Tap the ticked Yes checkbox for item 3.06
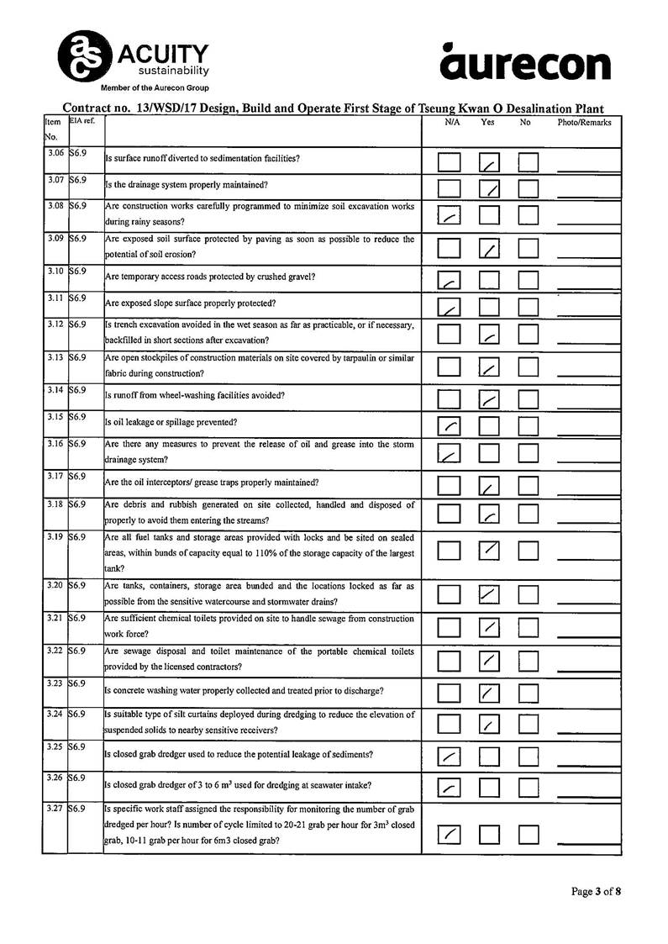(x=490, y=162)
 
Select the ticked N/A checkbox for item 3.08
(x=450, y=216)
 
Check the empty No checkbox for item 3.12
(x=529, y=335)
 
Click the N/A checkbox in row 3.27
(x=450, y=834)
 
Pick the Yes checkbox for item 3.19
(x=490, y=551)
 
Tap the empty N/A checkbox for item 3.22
(x=450, y=662)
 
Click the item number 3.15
(x=55, y=417)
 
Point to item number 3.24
(x=55, y=715)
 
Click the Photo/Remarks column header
(x=585, y=123)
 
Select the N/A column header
(x=452, y=123)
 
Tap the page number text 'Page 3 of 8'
(x=597, y=892)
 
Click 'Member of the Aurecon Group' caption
(x=155, y=87)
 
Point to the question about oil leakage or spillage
(x=171, y=422)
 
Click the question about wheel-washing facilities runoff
(x=194, y=395)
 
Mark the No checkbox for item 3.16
(x=529, y=454)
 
